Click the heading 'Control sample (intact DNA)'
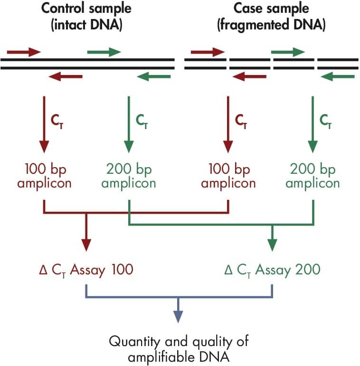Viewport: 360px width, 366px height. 86,17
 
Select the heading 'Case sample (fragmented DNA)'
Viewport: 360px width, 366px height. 271,17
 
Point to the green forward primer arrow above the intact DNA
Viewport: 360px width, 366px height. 104,52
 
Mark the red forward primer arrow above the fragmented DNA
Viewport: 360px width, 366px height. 207,52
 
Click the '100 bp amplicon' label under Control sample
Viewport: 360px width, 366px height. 44,176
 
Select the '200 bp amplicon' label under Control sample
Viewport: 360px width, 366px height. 128,176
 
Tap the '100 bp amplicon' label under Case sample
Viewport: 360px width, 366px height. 228,176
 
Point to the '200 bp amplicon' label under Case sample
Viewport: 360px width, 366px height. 313,176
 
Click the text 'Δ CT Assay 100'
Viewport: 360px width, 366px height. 85,270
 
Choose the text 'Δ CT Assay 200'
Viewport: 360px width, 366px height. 272,270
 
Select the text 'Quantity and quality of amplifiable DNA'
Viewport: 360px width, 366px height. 178,348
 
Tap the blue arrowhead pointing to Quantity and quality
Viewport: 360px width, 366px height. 178,317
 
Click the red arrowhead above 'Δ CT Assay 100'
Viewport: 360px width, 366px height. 86,244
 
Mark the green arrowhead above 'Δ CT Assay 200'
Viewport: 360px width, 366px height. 272,244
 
